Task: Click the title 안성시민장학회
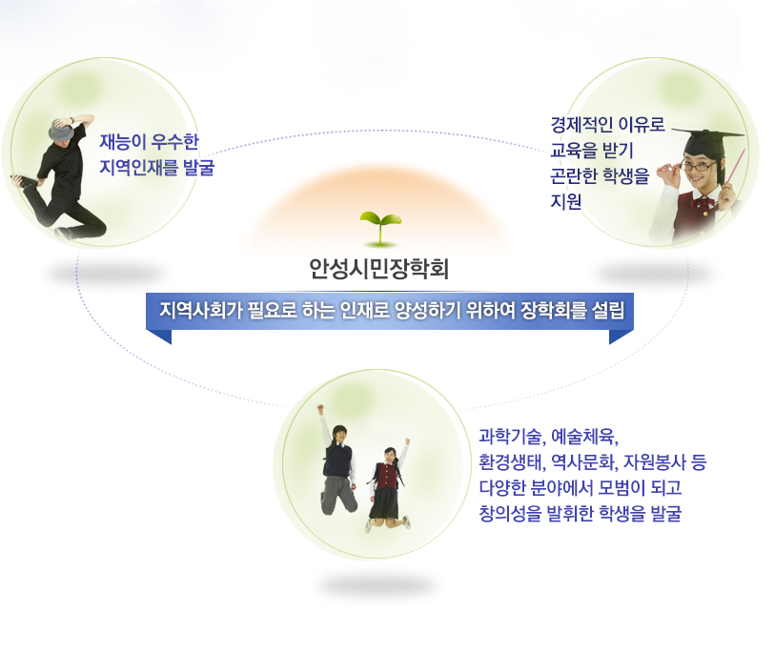coord(378,269)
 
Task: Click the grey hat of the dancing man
coord(61,130)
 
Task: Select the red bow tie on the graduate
coord(703,202)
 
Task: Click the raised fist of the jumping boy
coord(320,409)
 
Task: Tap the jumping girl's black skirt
coord(383,503)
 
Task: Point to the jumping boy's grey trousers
coord(337,495)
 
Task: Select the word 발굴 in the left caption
coord(198,168)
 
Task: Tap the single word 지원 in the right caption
coord(565,201)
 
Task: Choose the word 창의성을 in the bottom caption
coord(510,513)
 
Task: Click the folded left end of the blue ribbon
coord(159,336)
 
